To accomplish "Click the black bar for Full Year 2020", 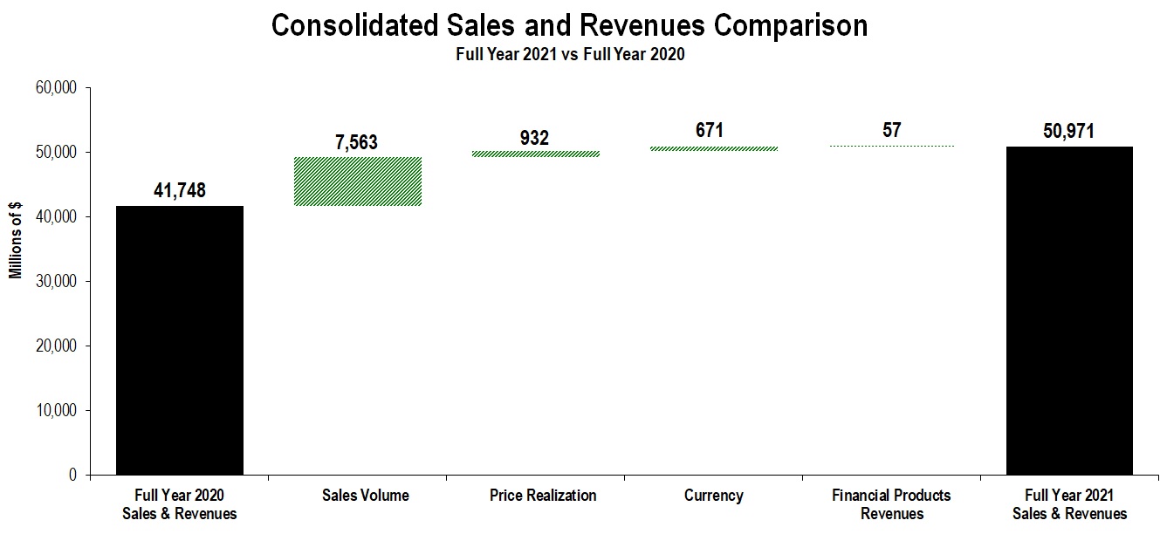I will (180, 340).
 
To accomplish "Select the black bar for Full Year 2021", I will (1069, 311).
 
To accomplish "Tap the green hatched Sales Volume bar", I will (358, 181).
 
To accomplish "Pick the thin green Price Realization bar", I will (536, 154).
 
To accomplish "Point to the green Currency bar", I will (714, 148).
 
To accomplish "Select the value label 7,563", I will (356, 142).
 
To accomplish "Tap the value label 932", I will (533, 137).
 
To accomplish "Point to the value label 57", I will (891, 131).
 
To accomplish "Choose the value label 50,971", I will (1068, 132).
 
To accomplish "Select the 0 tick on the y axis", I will (73, 476).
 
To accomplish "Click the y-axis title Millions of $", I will (16, 239).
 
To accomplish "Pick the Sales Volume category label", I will (365, 496).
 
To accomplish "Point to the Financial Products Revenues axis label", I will (891, 504).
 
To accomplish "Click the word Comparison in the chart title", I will (791, 25).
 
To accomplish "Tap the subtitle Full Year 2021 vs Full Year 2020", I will (570, 54).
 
